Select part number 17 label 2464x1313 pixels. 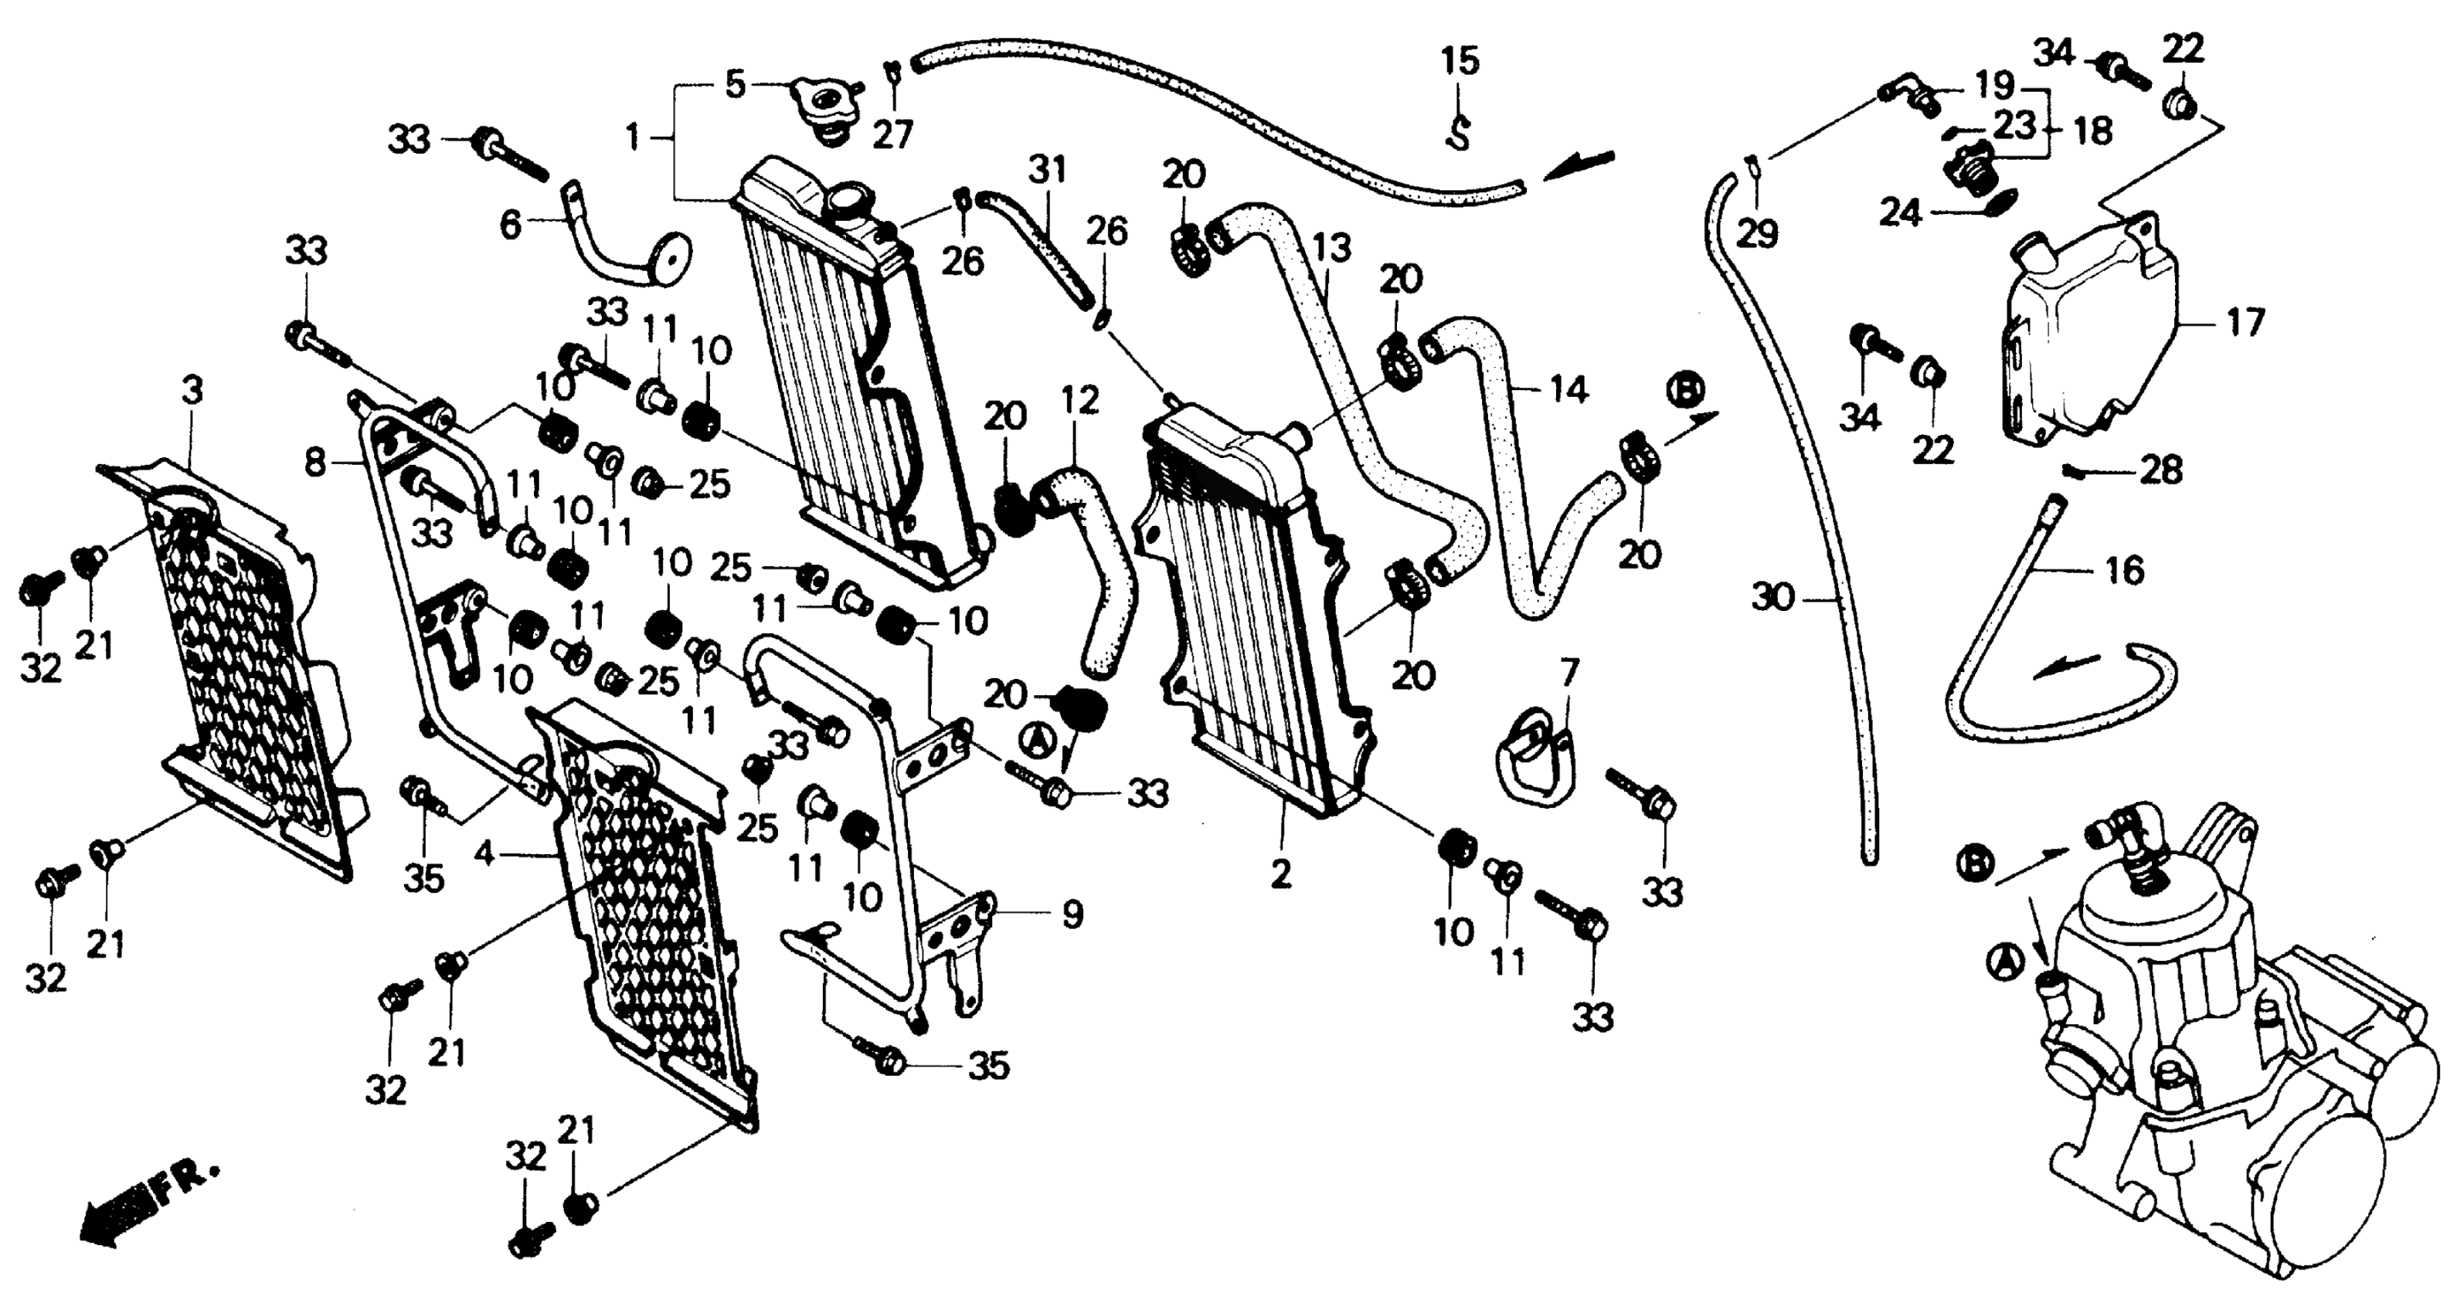2246,322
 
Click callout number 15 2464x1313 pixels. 1460,62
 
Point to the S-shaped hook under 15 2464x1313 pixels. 1458,131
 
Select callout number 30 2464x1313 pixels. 1772,599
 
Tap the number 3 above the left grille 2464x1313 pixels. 193,390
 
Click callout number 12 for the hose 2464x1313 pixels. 1080,400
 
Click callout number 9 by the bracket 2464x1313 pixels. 1073,914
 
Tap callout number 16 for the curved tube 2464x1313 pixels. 2126,570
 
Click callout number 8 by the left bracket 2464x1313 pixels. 314,464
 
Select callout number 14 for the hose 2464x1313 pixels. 1568,390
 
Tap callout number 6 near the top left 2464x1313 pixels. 511,226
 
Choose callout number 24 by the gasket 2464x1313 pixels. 1900,212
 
